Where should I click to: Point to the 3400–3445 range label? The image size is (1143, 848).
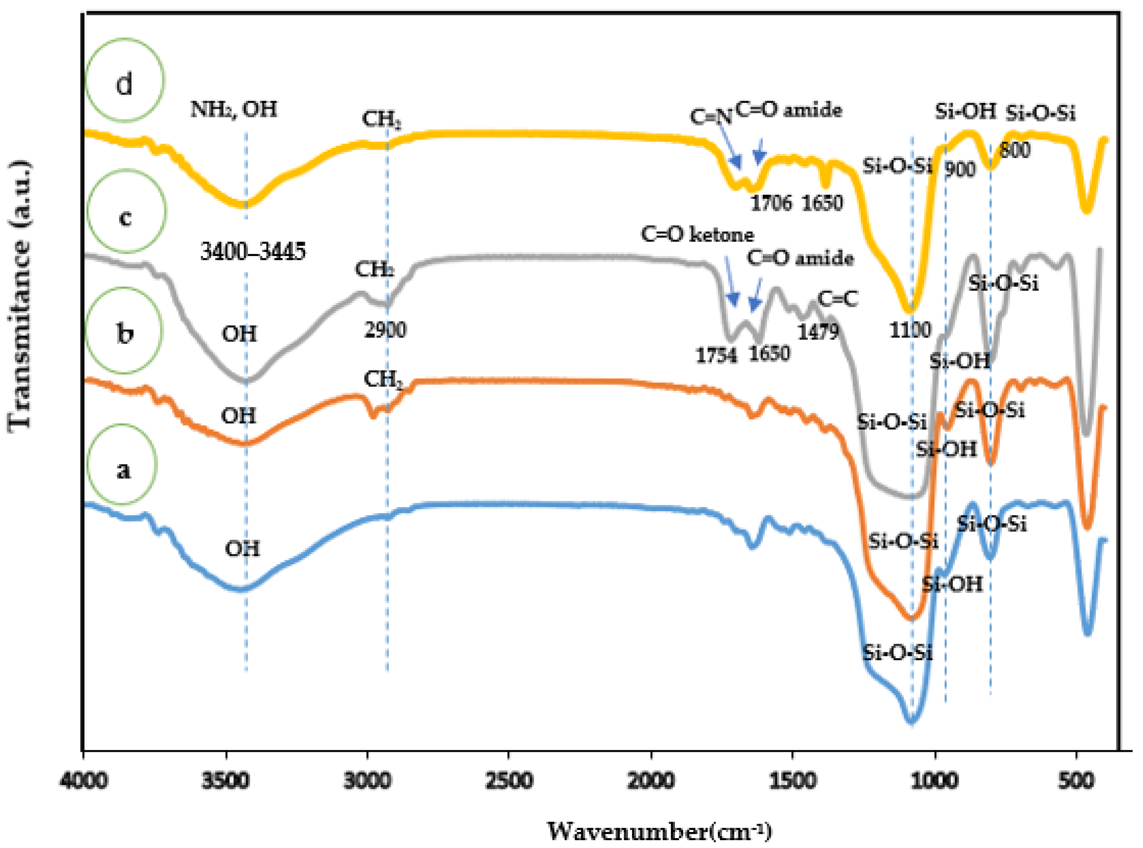click(x=253, y=251)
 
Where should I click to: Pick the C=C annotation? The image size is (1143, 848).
click(x=837, y=299)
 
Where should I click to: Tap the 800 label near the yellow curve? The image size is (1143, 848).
click(x=1015, y=151)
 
